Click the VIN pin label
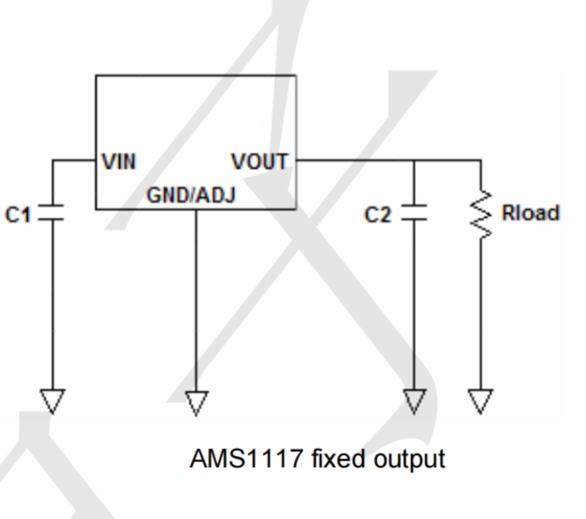[119, 162]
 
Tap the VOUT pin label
[260, 162]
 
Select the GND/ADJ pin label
[192, 195]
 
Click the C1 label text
[18, 215]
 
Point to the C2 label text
[378, 215]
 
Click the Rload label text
[531, 213]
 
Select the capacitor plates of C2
[413, 213]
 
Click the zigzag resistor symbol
[481, 215]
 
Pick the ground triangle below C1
[52, 401]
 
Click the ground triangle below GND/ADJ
[196, 403]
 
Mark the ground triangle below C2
[413, 401]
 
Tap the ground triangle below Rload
[481, 401]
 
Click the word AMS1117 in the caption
[246, 458]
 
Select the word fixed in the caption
[338, 458]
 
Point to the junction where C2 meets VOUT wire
[413, 161]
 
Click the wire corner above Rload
[481, 161]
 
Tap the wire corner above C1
[52, 161]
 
